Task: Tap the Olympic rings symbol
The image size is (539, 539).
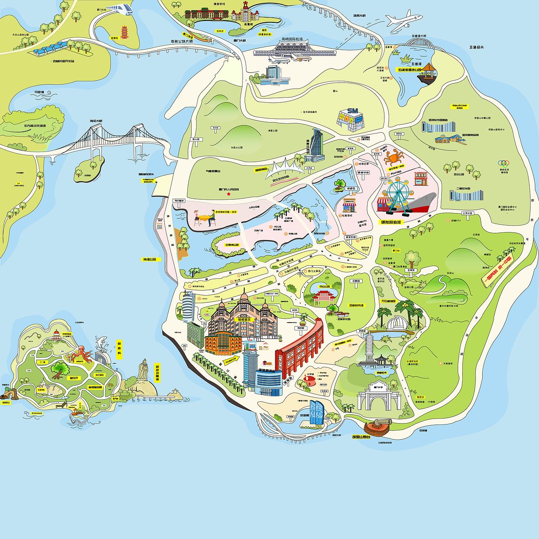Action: click(504, 163)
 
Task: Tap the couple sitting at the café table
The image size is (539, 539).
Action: click(204, 219)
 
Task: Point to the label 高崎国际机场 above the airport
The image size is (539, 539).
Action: click(292, 39)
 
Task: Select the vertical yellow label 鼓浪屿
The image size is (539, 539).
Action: click(119, 349)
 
